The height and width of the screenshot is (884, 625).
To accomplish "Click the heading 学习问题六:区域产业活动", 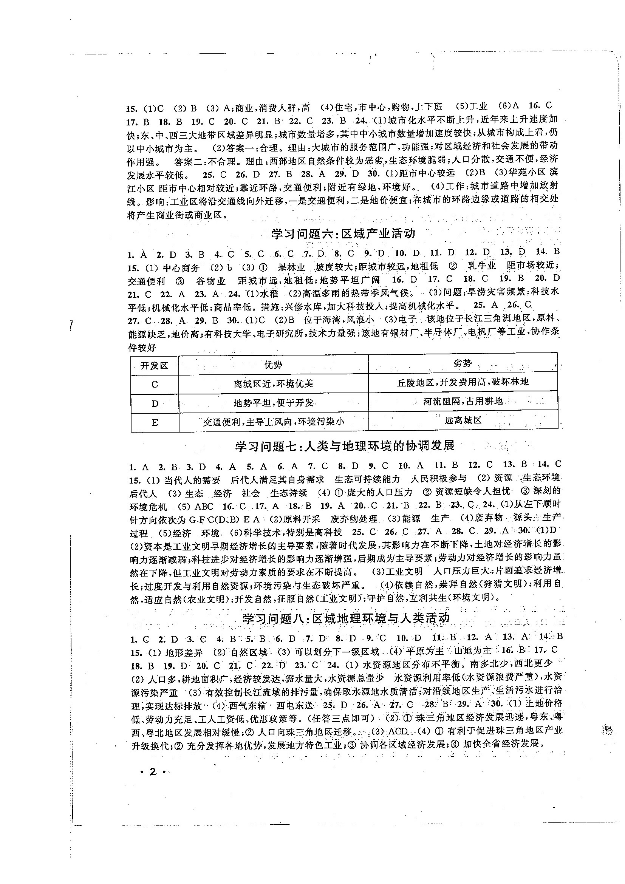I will pos(343,234).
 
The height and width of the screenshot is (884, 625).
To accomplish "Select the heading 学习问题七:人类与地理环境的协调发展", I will pos(345,446).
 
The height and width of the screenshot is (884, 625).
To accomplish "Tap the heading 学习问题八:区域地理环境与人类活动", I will pos(346,618).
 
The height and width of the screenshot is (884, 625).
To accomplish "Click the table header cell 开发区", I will pos(155,365).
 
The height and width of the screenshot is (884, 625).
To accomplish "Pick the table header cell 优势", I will pos(273,364).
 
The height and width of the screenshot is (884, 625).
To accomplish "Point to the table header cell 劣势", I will pos(463,363).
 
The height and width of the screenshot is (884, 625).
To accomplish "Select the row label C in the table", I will pos(155,384).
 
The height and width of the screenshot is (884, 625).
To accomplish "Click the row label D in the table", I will pos(155,403).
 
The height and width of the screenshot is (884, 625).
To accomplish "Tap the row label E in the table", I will pos(155,423).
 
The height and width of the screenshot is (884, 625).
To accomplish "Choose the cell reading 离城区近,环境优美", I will pos(274,383).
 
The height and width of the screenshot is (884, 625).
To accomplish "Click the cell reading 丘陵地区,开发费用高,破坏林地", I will pos(463,382).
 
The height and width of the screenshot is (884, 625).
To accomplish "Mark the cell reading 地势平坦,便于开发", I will pos(274,403).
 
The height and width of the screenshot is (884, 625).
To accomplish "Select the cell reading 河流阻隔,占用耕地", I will pos(463,401).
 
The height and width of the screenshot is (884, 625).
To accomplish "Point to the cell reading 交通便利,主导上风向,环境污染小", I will pos(274,422).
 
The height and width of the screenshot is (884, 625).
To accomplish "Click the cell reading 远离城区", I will pos(463,420).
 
